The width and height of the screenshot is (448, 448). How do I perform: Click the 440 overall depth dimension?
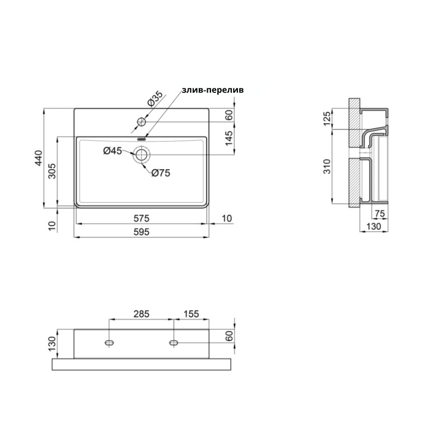pos(38,158)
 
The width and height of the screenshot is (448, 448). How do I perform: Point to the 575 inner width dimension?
pos(141,217)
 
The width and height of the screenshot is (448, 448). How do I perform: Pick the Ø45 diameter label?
pos(113,150)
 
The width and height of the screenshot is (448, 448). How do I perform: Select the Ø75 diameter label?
pos(160,173)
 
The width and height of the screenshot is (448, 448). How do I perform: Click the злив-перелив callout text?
pos(212,90)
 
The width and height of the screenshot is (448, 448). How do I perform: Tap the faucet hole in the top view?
pos(142,121)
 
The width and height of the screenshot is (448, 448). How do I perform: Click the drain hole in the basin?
pos(141,155)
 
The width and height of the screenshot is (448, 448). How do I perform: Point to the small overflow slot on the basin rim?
pos(141,137)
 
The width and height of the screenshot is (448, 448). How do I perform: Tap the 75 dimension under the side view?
pos(379,214)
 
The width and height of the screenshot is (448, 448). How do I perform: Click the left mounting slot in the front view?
pos(109,342)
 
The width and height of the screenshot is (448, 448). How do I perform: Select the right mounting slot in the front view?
pos(174,342)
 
